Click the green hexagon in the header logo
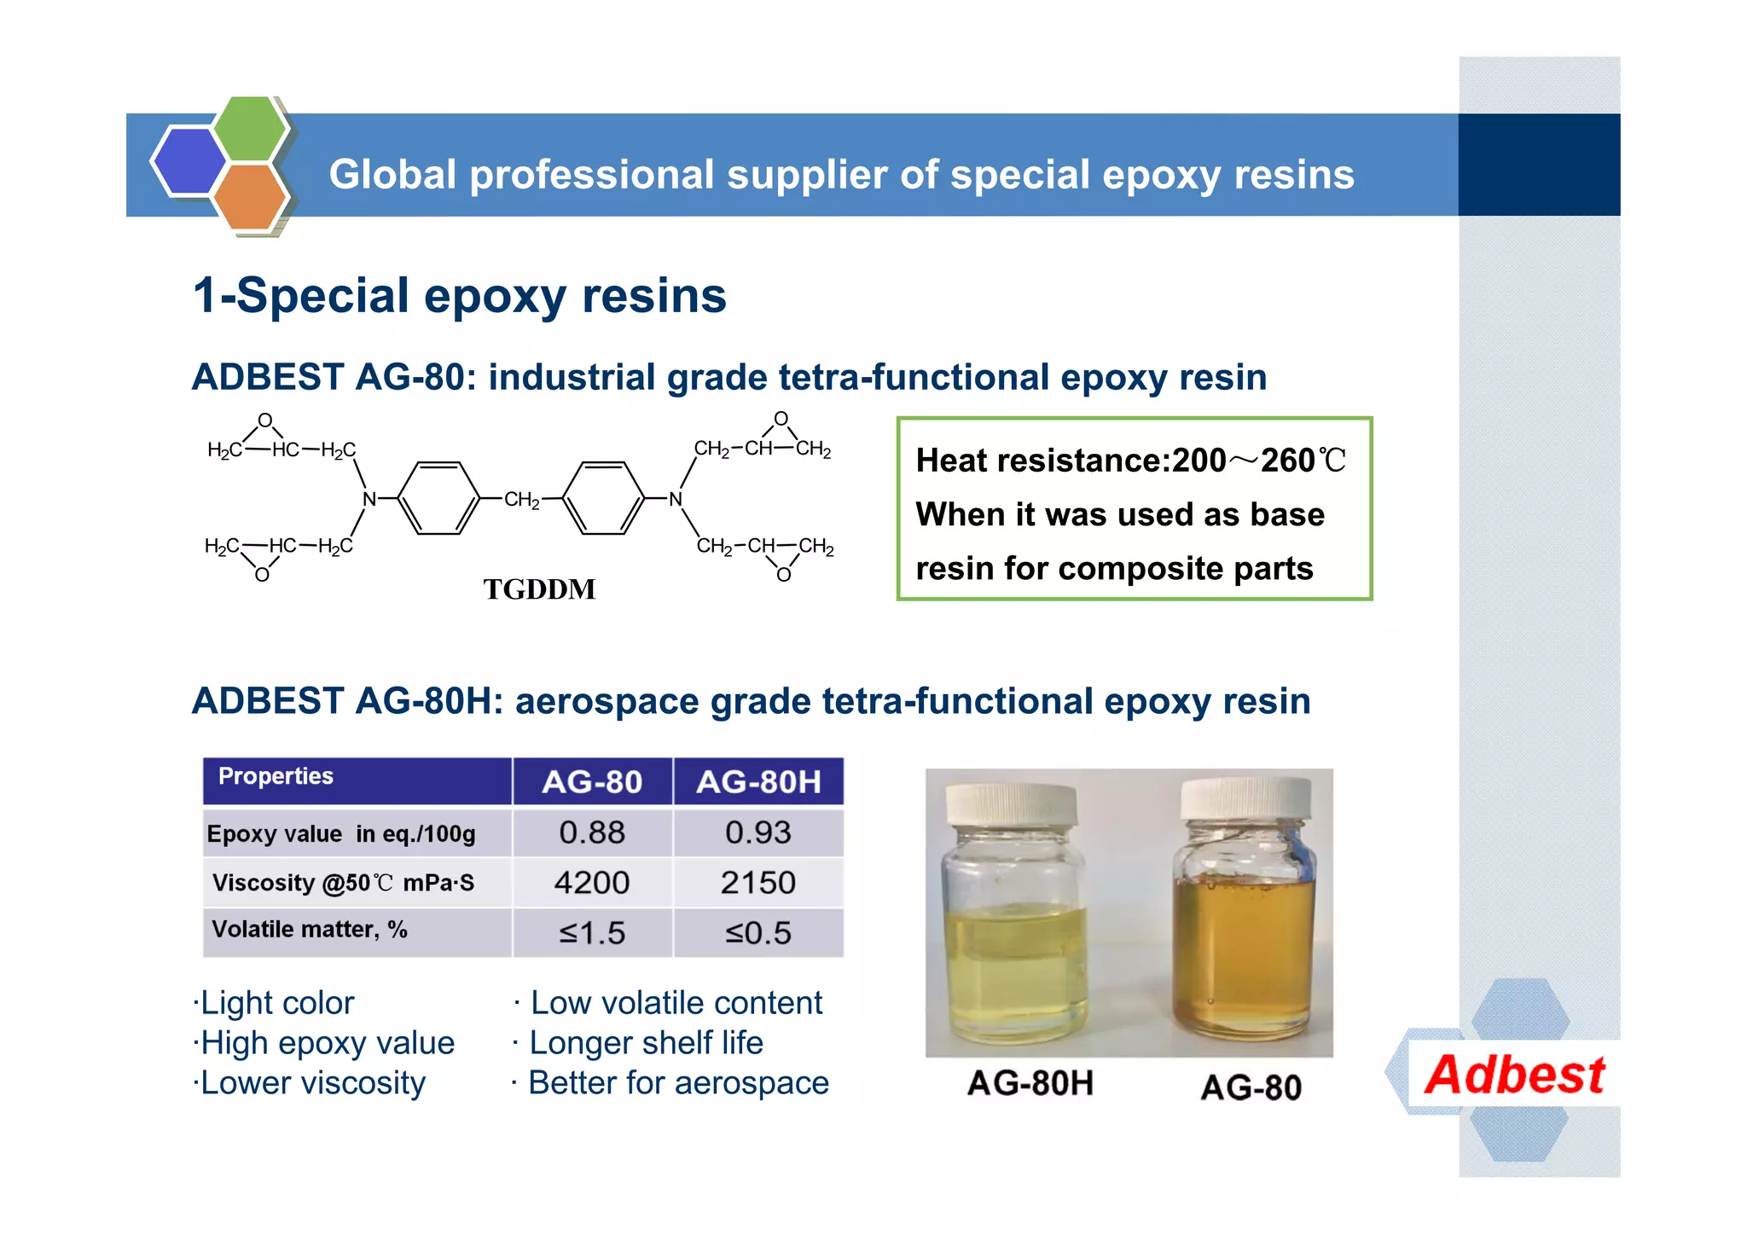[x=249, y=129]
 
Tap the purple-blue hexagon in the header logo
[x=189, y=161]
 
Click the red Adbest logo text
[x=1515, y=1075]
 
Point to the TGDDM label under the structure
[x=539, y=589]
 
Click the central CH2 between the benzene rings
[x=521, y=499]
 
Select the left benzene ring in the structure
[x=438, y=498]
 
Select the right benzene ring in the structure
[x=603, y=498]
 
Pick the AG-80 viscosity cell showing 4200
[x=592, y=882]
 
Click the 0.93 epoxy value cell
[x=757, y=832]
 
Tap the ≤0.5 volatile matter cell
[x=757, y=932]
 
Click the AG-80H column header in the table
[x=757, y=781]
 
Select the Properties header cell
[x=276, y=776]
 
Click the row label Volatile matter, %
[x=309, y=929]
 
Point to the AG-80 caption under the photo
[x=1251, y=1087]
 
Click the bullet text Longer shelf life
[x=646, y=1043]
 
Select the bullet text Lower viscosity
[x=312, y=1083]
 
